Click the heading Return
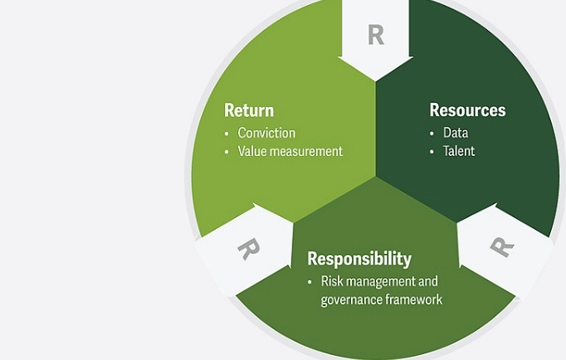pos(249,110)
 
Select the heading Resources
pos(467,110)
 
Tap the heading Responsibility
pos(359,258)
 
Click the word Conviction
pos(266,133)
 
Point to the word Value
pos(253,152)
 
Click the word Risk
pos(333,281)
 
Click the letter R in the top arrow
pos(376,35)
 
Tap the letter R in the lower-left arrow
pos(246,248)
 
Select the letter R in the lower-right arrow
pos(500,246)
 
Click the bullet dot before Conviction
pos(227,134)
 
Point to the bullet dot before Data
pos(432,134)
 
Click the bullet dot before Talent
pos(432,153)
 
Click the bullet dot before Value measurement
pos(227,153)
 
